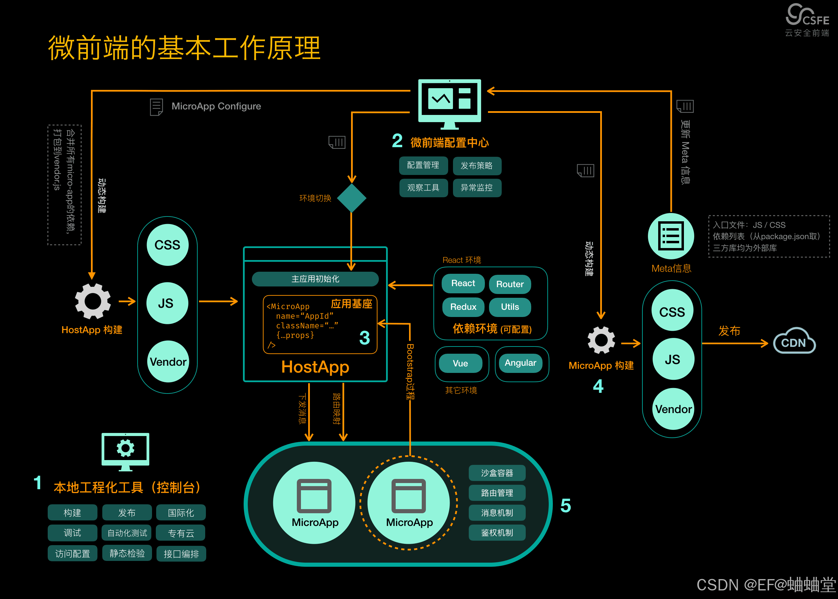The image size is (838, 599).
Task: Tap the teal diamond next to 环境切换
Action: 351,198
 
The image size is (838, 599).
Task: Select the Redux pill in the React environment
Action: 463,307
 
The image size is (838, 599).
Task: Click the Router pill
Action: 510,284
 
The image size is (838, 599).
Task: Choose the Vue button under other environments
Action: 460,363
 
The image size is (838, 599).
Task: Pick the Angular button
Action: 520,363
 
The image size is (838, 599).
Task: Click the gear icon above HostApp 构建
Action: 93,301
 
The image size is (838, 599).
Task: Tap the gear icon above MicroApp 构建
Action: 601,340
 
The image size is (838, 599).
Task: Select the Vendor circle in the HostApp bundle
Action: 168,362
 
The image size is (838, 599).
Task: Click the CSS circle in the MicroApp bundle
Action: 672,312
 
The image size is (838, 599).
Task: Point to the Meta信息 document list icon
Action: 671,236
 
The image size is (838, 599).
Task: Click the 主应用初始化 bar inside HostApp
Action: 315,279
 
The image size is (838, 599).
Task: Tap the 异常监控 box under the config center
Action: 477,188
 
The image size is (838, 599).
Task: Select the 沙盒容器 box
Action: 497,473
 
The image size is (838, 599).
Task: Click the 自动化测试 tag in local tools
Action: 127,533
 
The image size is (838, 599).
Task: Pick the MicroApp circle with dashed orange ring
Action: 409,503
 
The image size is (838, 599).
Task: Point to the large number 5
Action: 566,506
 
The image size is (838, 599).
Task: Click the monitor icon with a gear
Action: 125,451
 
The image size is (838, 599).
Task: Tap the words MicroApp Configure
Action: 216,106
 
